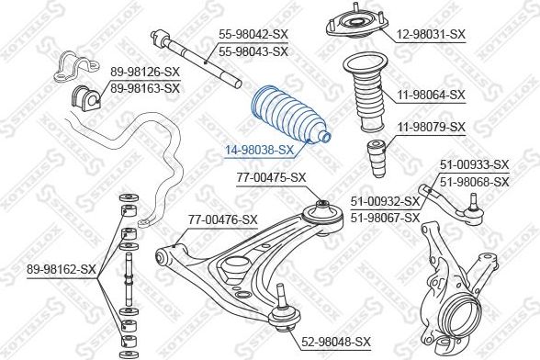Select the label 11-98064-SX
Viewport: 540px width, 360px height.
click(431, 94)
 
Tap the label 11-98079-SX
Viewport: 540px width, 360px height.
click(431, 127)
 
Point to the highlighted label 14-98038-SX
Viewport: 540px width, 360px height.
click(260, 150)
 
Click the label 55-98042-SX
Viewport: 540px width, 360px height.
click(253, 35)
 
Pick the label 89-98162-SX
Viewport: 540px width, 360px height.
click(62, 269)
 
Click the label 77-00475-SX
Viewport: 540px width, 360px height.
click(271, 177)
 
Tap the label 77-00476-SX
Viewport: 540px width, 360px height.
click(223, 219)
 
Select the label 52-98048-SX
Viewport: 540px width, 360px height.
click(336, 341)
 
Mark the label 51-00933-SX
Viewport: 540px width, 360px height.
click(473, 166)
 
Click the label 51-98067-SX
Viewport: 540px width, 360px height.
click(385, 217)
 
